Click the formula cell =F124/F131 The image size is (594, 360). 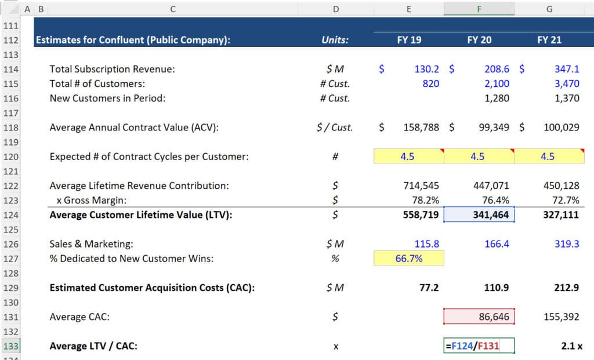click(x=478, y=346)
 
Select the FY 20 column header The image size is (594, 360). click(x=479, y=41)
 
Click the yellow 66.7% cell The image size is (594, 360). click(x=409, y=259)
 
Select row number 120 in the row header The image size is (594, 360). click(x=11, y=157)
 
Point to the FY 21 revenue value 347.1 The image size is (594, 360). click(x=566, y=69)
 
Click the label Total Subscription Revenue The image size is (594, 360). click(x=112, y=69)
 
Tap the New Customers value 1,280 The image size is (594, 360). click(x=497, y=98)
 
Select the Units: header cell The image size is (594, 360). click(x=335, y=41)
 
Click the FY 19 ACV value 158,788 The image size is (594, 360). click(x=421, y=127)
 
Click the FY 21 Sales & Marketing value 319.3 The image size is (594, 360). click(x=566, y=244)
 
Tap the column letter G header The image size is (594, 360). click(x=549, y=9)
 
